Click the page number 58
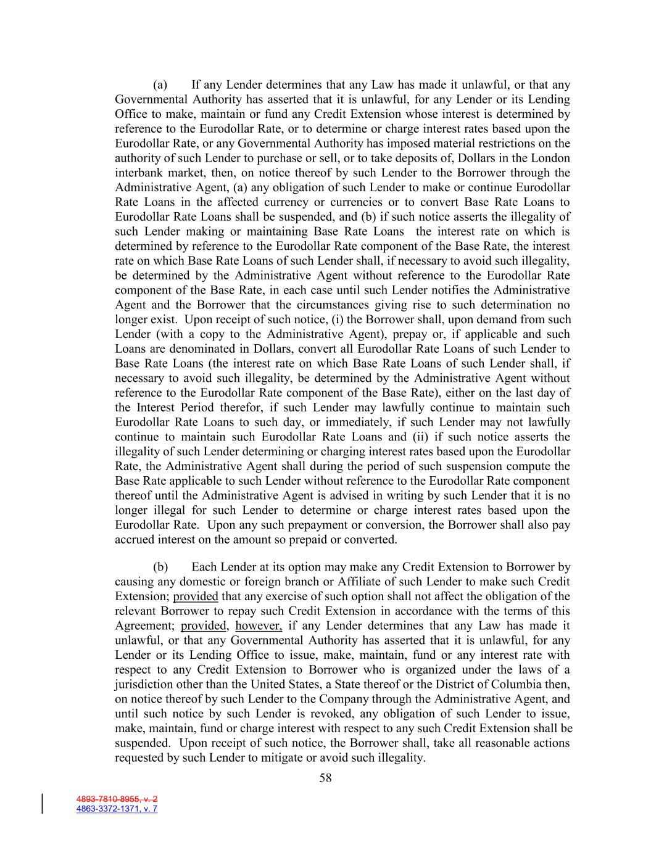pyautogui.click(x=325, y=778)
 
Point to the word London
pyautogui.click(x=551, y=159)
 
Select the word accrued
pyautogui.click(x=135, y=540)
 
